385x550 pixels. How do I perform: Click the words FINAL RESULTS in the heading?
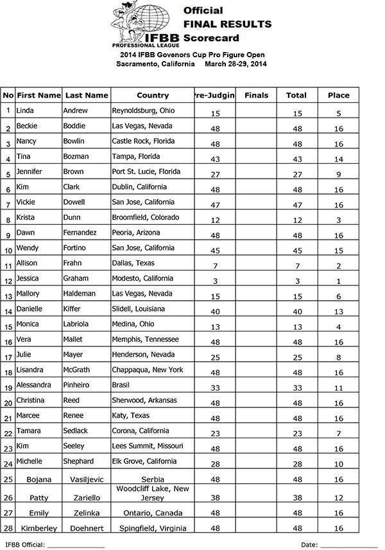227,24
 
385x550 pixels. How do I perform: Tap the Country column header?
153,96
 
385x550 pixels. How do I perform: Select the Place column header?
338,96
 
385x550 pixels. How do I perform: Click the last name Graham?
76,279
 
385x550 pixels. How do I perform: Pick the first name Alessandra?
35,386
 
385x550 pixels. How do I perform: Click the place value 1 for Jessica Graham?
338,281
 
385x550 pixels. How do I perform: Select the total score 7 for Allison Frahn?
296,265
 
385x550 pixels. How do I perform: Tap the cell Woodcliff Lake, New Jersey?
153,493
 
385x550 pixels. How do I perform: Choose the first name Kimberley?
38,528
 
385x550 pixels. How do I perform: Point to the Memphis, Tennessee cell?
146,340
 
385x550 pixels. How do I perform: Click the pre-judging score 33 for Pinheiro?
215,387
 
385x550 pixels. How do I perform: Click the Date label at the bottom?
309,545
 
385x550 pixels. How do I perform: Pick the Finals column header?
257,96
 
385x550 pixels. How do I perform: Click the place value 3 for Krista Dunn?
338,220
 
